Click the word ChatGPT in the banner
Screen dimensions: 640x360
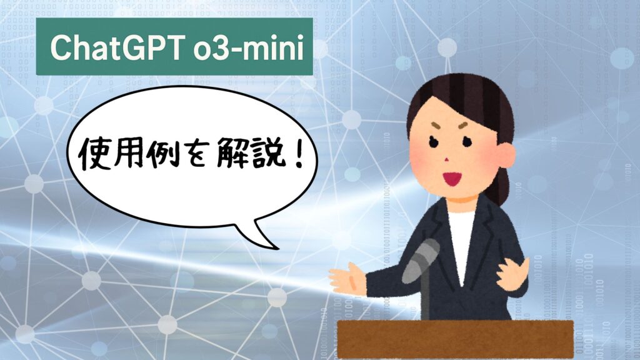coord(116,48)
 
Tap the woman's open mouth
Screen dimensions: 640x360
coord(452,178)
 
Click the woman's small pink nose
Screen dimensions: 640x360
coord(446,159)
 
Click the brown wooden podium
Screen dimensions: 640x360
coord(456,339)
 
